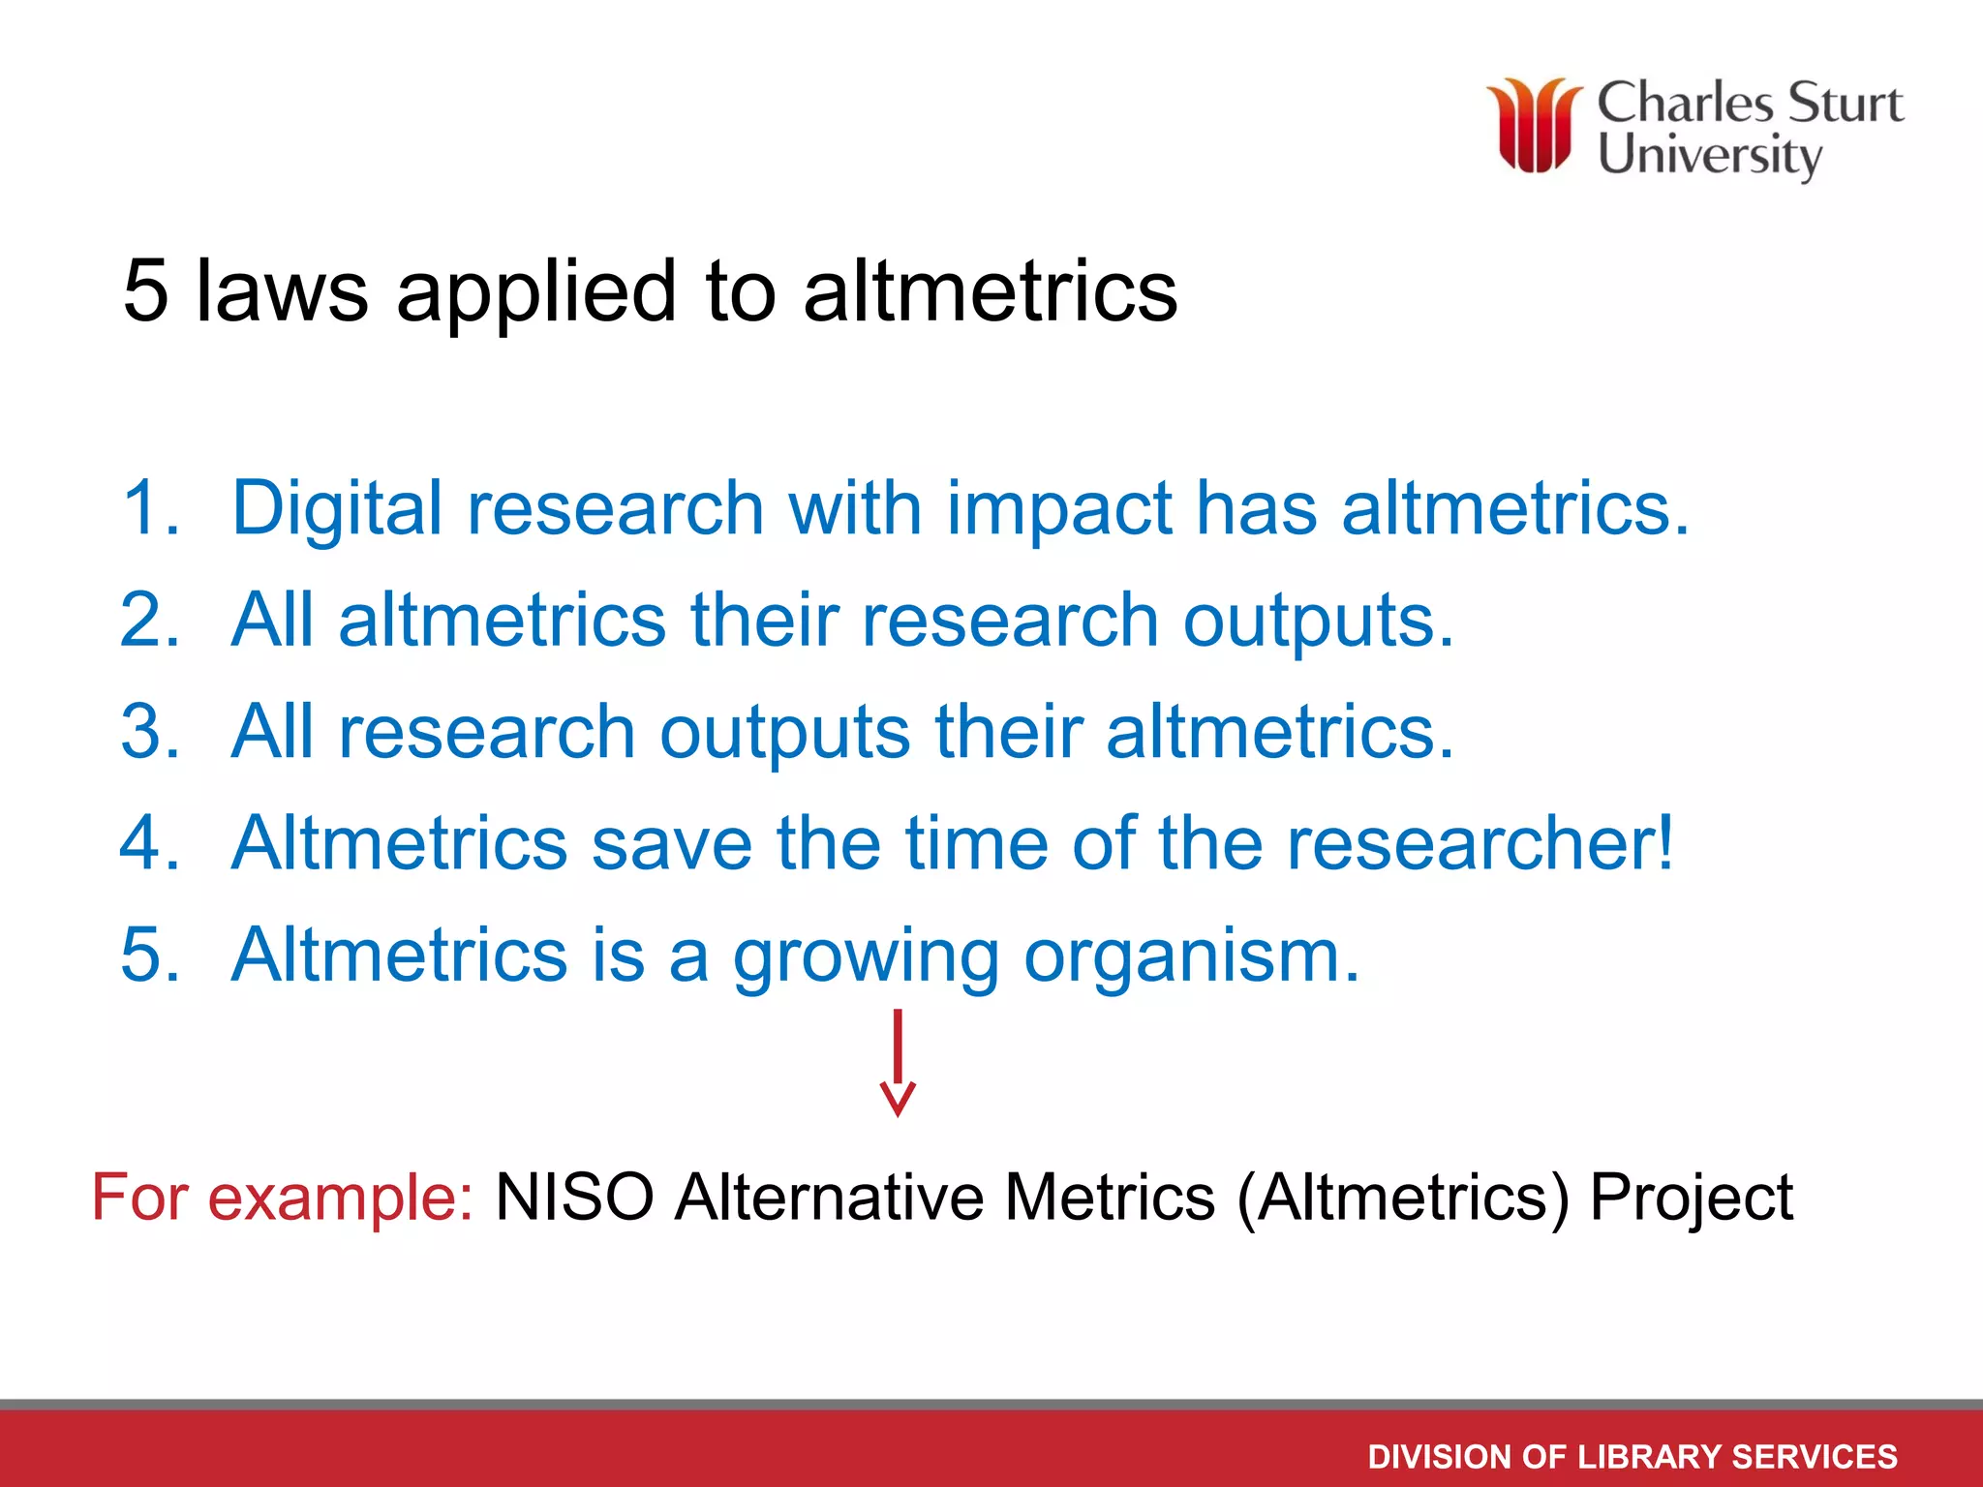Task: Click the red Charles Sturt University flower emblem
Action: [x=1535, y=126]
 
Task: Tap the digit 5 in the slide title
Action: [x=146, y=290]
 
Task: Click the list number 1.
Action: [x=150, y=507]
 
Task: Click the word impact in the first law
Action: [x=1058, y=509]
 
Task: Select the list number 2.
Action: [x=150, y=620]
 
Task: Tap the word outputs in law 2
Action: [x=1318, y=622]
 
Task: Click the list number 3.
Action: [x=150, y=731]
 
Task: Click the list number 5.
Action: [x=150, y=955]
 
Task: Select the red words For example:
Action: [x=282, y=1198]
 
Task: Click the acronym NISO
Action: [x=574, y=1198]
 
